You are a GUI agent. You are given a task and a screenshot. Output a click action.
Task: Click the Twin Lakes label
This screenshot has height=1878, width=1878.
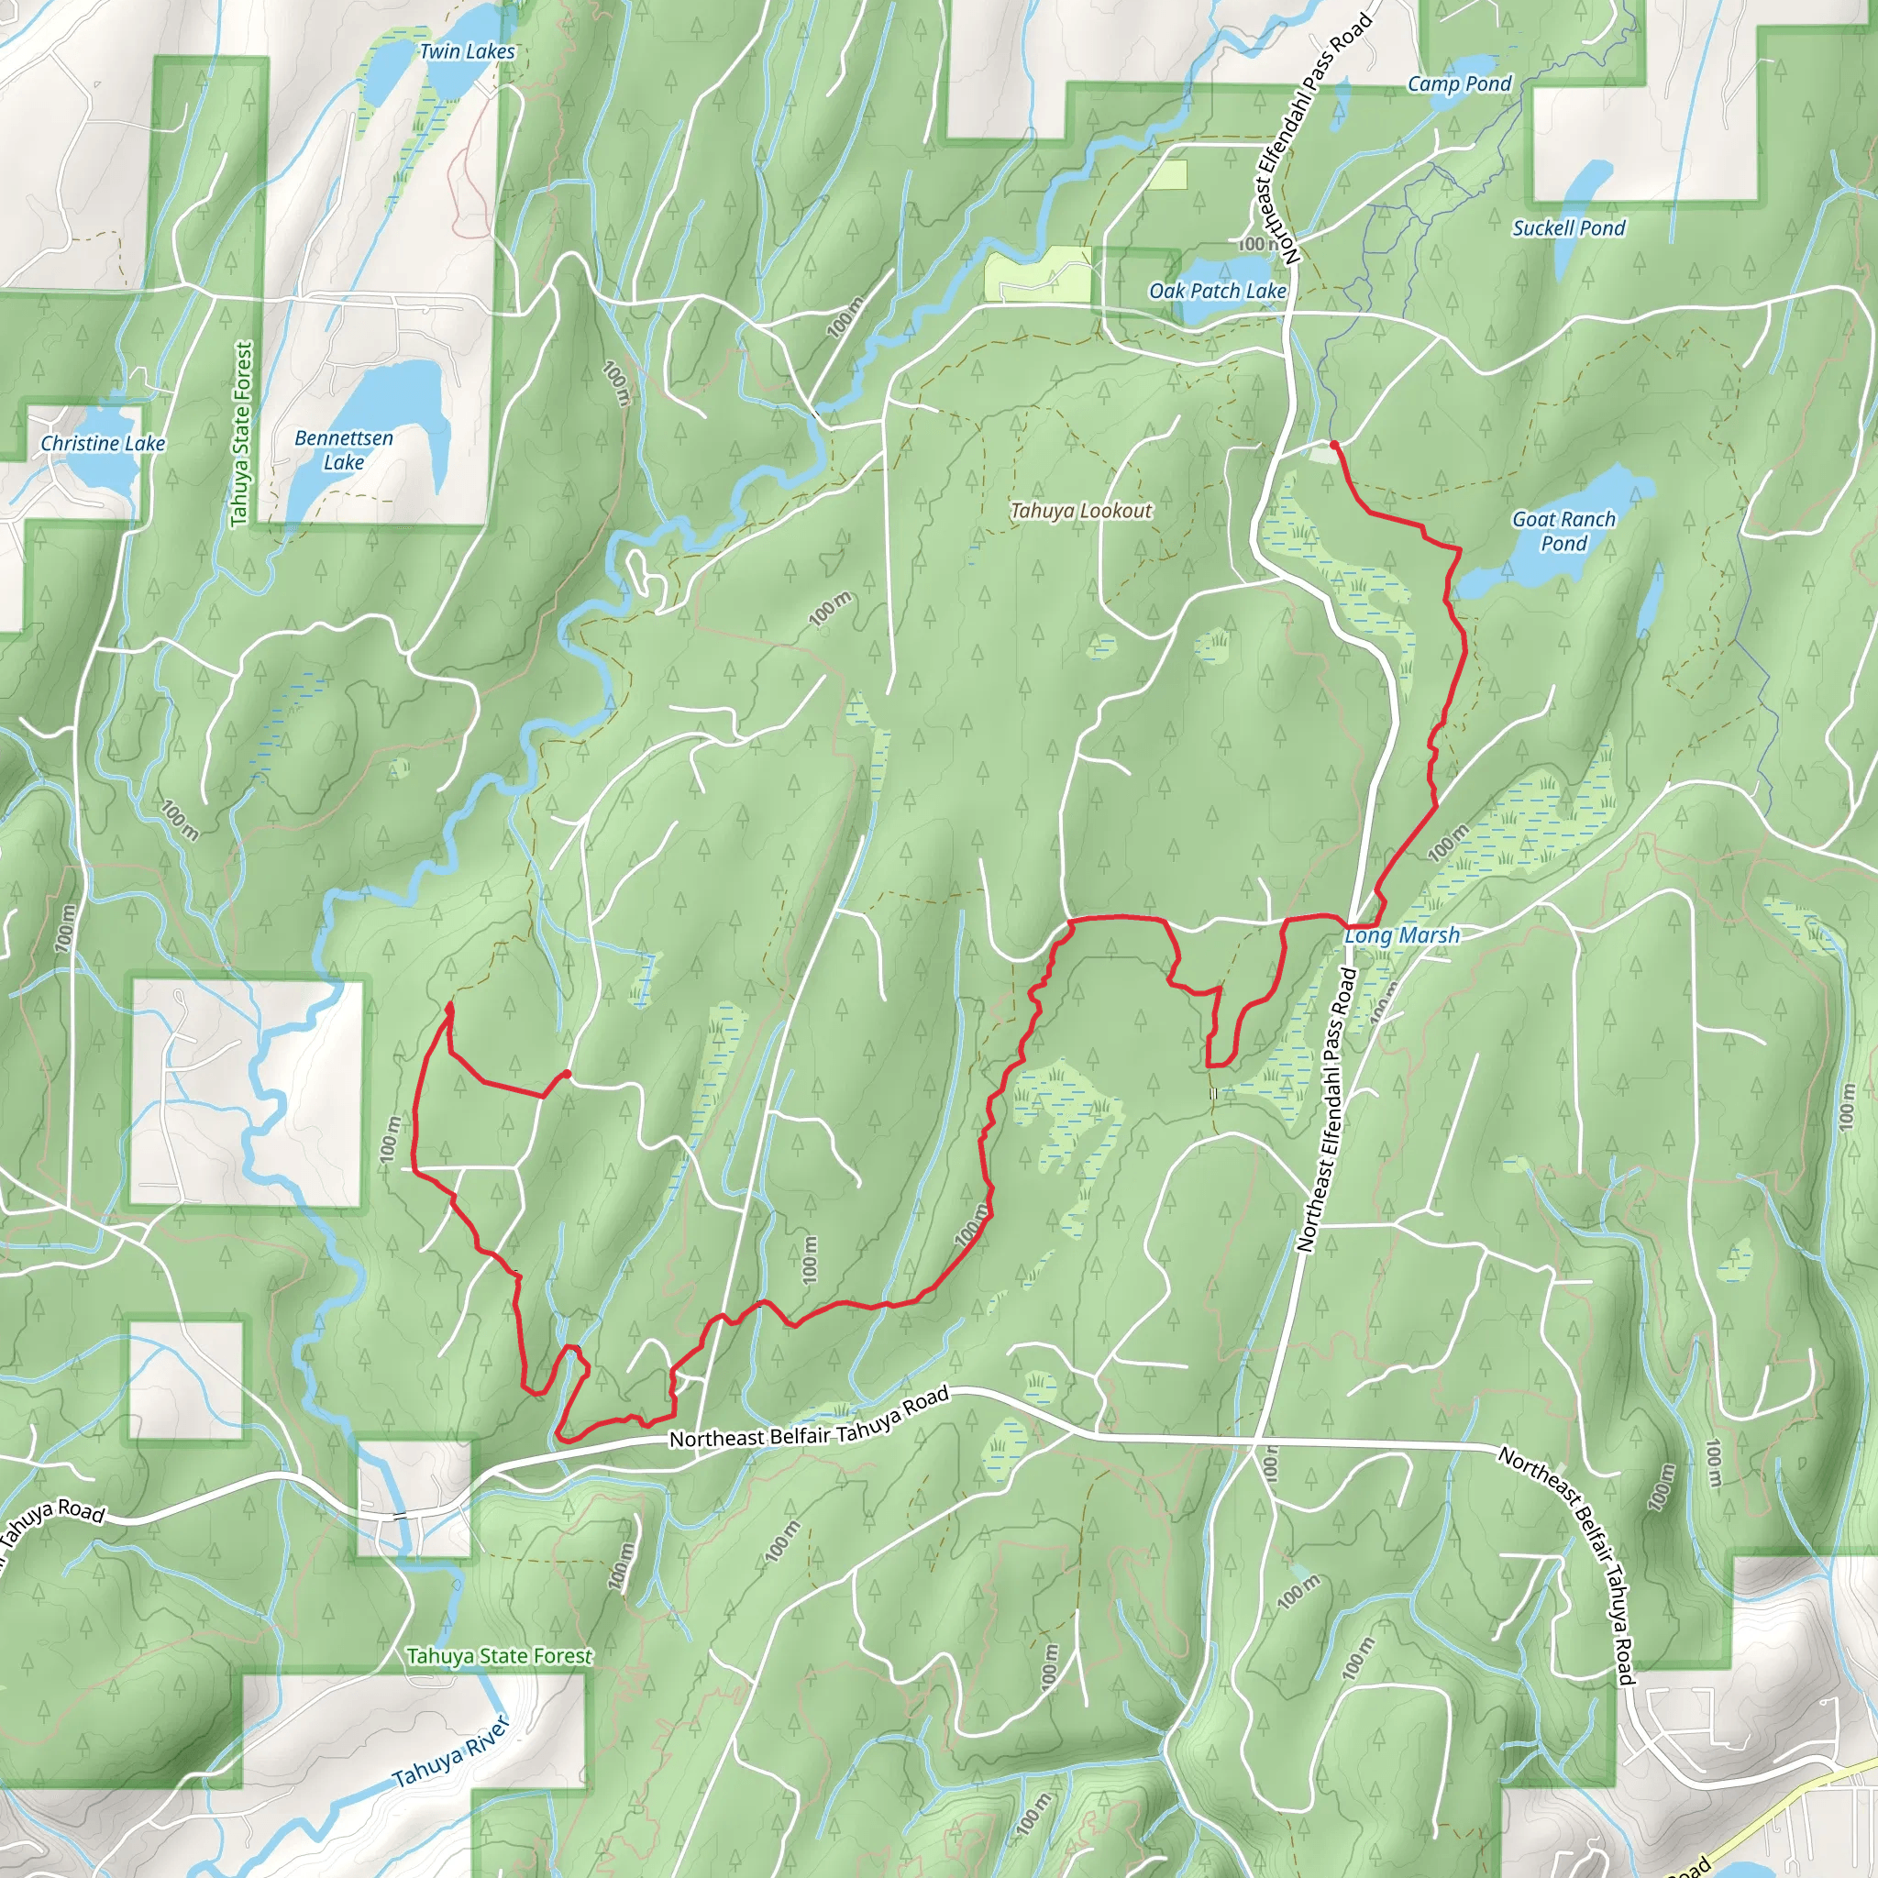pos(467,51)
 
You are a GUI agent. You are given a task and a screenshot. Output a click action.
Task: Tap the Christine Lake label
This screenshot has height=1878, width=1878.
pos(103,443)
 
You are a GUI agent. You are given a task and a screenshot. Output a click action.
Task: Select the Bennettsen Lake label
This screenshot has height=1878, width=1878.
pos(344,450)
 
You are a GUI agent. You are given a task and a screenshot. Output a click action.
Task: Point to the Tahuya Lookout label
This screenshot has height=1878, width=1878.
pos(1080,511)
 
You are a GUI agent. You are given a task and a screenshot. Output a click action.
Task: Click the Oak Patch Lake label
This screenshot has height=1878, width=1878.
pos(1217,291)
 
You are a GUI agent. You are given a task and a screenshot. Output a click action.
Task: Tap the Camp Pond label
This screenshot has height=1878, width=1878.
pos(1459,83)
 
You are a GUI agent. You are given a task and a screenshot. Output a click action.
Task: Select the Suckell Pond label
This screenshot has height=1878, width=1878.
pos(1568,228)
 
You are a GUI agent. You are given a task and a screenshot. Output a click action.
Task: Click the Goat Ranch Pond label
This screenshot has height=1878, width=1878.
pos(1563,531)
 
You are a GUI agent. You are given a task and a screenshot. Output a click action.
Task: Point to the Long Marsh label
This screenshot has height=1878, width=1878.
pos(1402,935)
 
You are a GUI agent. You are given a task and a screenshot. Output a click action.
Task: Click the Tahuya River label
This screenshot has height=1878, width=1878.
pos(450,1753)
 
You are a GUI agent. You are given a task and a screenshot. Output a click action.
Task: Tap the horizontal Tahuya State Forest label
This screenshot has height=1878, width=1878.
pos(499,1655)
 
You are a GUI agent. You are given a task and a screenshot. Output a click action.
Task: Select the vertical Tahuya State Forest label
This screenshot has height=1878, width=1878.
pos(242,434)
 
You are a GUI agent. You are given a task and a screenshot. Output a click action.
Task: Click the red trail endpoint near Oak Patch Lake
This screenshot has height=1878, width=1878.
pos(1333,444)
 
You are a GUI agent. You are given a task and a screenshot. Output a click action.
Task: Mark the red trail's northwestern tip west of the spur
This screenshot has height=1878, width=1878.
pos(448,1007)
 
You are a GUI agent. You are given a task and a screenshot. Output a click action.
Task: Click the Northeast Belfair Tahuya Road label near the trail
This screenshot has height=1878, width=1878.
pos(809,1422)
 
